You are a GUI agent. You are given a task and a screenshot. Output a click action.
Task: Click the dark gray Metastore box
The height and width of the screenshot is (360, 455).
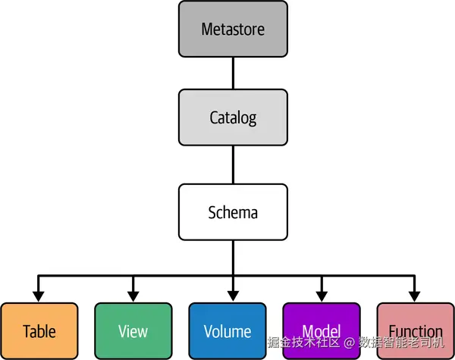click(233, 30)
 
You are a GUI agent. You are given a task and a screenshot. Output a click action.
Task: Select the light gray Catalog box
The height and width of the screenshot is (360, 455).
click(233, 117)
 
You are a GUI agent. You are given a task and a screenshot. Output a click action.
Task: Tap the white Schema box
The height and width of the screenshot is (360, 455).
click(233, 211)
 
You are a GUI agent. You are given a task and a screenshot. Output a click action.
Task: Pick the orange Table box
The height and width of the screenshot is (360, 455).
click(39, 331)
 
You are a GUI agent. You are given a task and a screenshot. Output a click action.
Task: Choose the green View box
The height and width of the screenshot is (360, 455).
click(133, 331)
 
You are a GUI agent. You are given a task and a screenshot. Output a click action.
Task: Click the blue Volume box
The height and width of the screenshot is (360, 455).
click(227, 331)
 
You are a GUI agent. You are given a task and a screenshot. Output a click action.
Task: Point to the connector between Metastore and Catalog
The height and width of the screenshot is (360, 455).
click(233, 74)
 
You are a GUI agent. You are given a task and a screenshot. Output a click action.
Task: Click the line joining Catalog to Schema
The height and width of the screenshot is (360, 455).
click(233, 164)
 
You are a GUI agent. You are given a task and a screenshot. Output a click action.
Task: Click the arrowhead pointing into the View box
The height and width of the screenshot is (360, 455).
click(133, 294)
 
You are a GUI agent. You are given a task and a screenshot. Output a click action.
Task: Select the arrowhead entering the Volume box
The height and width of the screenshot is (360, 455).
click(233, 294)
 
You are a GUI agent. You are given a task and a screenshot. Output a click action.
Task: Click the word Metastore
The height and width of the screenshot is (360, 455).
click(233, 30)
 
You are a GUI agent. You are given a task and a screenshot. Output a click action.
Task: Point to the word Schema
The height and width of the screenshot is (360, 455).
click(233, 211)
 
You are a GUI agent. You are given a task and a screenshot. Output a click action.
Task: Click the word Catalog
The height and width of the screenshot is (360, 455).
click(233, 117)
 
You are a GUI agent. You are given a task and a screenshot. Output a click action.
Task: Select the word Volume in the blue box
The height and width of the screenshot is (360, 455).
click(227, 331)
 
